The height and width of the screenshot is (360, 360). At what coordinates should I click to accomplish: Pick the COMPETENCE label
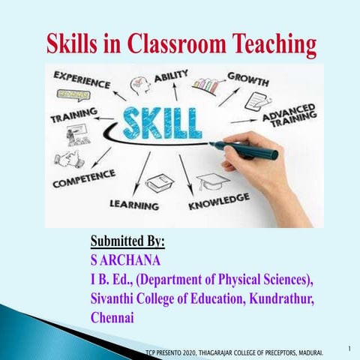click(x=83, y=178)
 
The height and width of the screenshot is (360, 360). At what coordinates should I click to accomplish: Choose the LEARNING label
click(x=134, y=204)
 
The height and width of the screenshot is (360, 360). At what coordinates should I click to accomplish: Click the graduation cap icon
click(x=211, y=181)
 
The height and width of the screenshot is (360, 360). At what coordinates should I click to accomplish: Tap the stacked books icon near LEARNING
click(x=160, y=182)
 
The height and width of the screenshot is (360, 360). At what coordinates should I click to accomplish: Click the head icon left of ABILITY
click(x=140, y=85)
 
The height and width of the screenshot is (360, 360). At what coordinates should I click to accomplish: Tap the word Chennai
click(x=112, y=317)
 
